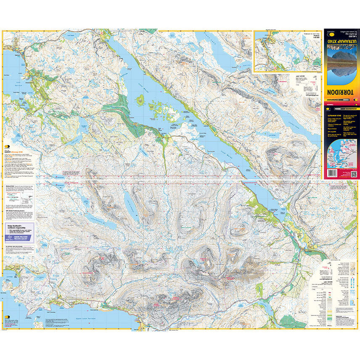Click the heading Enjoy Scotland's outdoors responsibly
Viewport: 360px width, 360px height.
coord(19,227)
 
